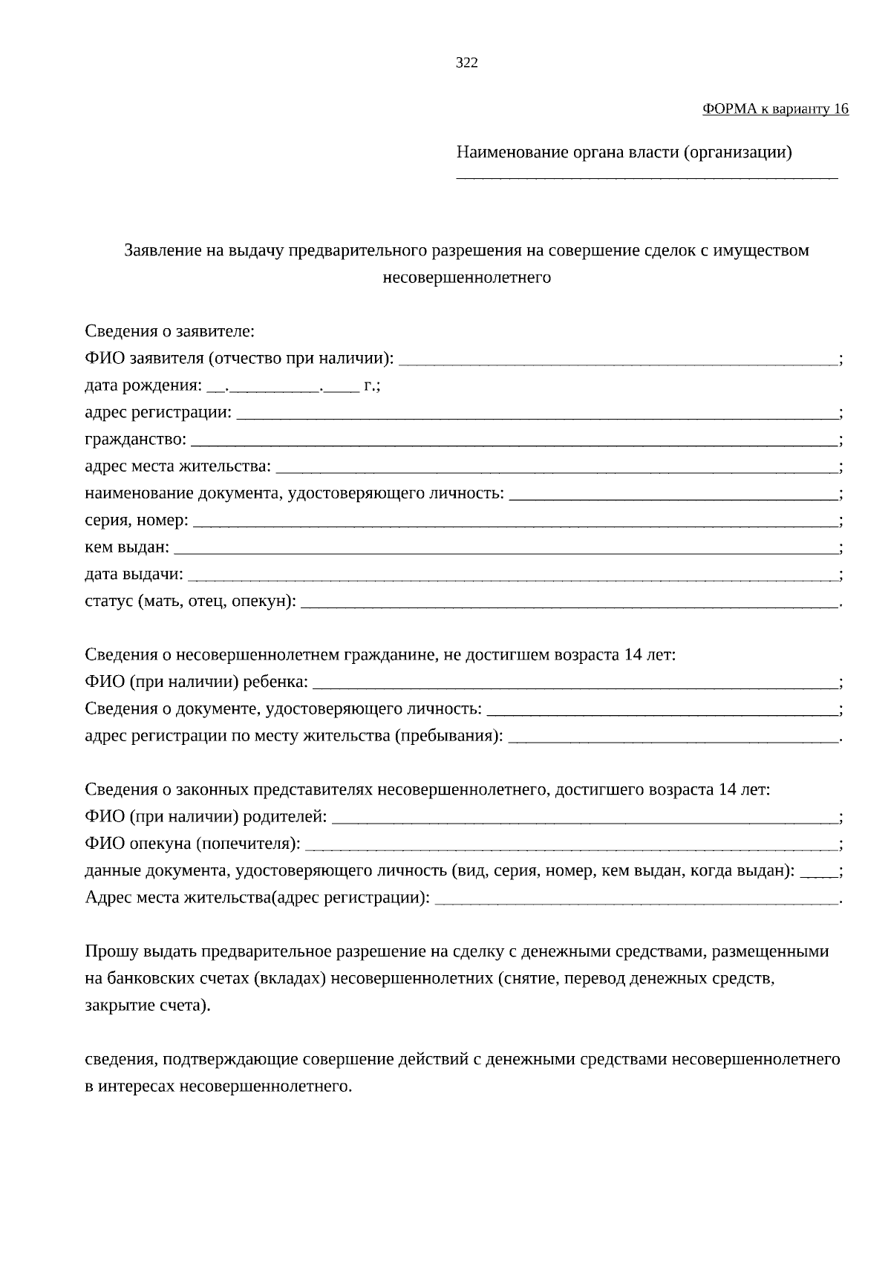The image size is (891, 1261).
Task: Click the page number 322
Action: [x=466, y=63]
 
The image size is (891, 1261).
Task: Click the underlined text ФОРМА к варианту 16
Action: [x=775, y=109]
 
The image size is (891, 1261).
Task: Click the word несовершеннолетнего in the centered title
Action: [x=466, y=278]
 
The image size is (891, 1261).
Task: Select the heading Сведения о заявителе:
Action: [x=170, y=331]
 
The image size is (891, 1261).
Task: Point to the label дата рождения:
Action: [x=143, y=386]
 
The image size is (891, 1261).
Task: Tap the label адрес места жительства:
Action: [x=178, y=466]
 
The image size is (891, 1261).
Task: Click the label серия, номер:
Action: [x=137, y=521]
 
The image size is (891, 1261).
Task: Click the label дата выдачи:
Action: [x=134, y=575]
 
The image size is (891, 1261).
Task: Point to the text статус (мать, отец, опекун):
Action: [x=190, y=602]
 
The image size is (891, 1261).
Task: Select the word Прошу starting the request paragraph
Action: [x=109, y=952]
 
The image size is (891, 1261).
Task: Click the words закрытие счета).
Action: [x=148, y=1006]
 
